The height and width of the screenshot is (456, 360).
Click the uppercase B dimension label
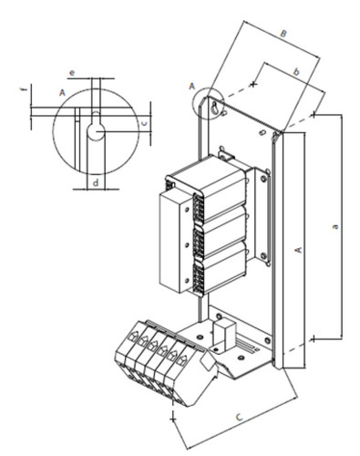click(283, 33)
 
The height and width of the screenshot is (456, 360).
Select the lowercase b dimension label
click(296, 72)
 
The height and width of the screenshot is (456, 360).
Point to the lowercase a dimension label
click(334, 226)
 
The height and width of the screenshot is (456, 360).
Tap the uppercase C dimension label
click(240, 417)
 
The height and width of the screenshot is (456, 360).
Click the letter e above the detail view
click(72, 73)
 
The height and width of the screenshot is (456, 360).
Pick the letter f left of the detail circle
click(25, 89)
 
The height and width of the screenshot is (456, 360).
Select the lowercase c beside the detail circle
click(145, 123)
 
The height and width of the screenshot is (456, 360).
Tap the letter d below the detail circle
click(96, 182)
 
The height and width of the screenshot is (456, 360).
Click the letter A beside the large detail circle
click(62, 92)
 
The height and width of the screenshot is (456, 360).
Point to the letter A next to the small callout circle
click(191, 87)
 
